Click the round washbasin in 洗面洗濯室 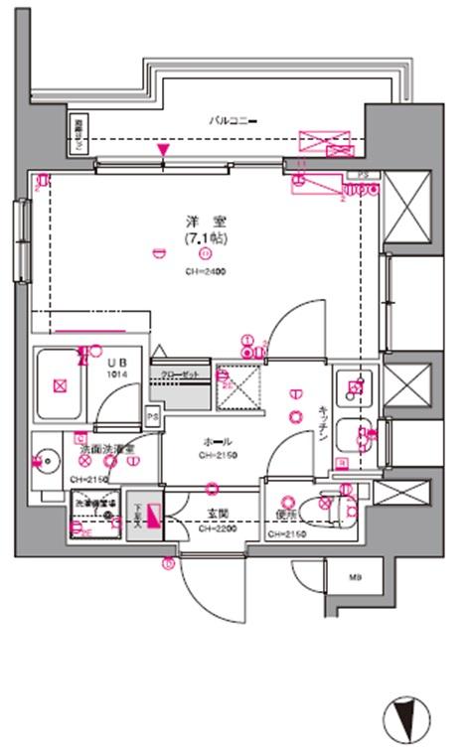(x=44, y=460)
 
